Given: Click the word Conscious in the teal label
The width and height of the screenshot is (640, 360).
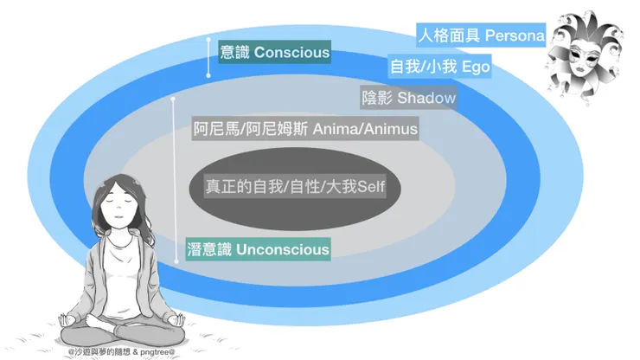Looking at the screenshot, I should [x=291, y=53].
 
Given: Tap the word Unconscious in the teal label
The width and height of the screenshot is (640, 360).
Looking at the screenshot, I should [x=282, y=250].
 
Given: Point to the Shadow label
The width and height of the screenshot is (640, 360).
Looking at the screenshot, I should [x=426, y=98].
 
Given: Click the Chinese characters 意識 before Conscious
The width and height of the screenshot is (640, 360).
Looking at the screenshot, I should [x=236, y=53].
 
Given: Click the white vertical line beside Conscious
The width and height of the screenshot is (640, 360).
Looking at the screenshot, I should [x=208, y=57].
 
